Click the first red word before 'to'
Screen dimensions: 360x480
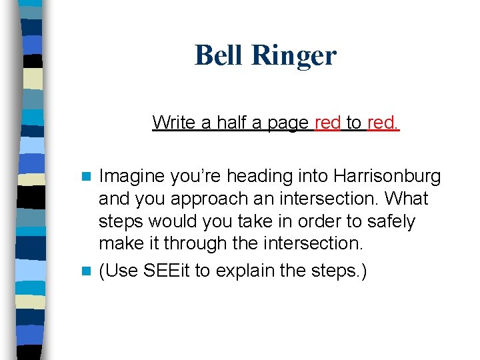click(x=327, y=123)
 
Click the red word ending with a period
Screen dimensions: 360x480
click(x=383, y=123)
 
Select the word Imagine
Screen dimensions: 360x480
click(x=132, y=177)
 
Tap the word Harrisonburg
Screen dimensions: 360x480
click(x=387, y=177)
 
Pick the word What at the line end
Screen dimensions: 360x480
click(x=407, y=199)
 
